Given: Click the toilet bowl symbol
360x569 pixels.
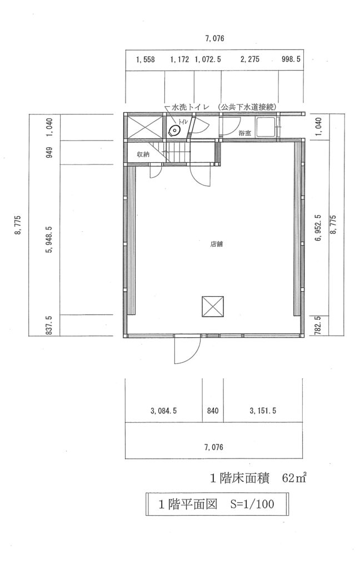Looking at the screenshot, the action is [174, 130].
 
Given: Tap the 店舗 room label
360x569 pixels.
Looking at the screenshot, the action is [216, 244].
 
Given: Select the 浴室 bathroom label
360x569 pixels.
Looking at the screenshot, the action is [244, 133].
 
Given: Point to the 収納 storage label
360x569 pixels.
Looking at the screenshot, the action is [143, 154].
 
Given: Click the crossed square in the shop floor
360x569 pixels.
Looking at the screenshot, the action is [213, 307].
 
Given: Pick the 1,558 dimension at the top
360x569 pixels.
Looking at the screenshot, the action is [145, 59].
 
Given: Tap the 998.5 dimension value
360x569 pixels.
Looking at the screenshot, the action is [291, 59].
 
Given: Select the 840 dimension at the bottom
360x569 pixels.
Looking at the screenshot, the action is [213, 411].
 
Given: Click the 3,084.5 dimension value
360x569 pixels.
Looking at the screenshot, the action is [163, 411].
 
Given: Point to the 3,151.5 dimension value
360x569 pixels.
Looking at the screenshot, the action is [263, 411].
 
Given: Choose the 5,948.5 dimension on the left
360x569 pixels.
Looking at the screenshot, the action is [49, 239].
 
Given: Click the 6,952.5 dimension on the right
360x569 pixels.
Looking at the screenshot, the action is [319, 228].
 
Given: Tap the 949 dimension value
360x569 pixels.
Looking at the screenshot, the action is [49, 152].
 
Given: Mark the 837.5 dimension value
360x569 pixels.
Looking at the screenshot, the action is [49, 325].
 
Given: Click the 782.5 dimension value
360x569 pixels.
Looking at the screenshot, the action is [317, 326].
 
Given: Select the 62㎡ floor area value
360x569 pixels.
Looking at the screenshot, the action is [294, 478].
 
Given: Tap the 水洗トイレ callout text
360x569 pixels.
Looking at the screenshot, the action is [190, 107].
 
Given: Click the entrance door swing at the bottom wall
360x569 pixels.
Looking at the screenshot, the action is [187, 350].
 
